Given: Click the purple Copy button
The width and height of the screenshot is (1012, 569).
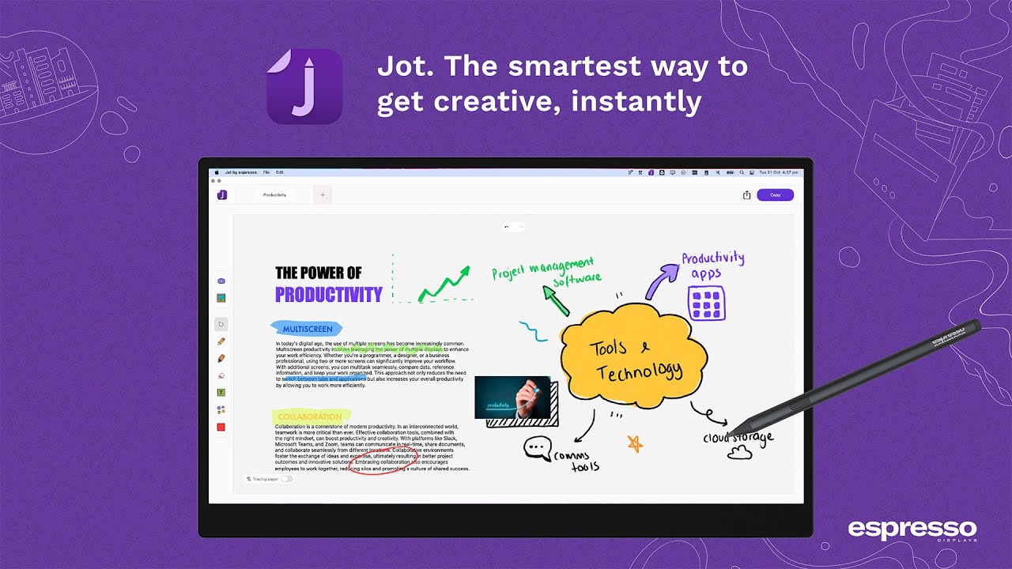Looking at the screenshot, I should click(775, 194).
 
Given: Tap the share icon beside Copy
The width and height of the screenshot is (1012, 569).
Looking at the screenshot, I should click(746, 195).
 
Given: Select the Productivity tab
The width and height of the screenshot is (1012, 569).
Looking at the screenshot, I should click(275, 194).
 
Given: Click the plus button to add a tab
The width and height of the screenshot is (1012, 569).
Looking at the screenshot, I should click(323, 194).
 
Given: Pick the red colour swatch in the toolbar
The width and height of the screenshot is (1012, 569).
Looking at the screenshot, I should click(221, 428).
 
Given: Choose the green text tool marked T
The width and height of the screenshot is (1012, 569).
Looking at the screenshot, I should click(221, 393).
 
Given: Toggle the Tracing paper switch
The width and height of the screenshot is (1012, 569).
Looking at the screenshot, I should click(286, 479).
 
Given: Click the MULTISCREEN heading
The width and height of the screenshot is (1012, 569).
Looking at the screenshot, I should click(307, 328).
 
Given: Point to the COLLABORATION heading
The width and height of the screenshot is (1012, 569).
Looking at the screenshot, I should click(310, 416).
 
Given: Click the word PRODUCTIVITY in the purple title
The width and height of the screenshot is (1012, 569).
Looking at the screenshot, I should click(328, 295).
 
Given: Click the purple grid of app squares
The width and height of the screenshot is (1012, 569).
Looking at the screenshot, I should click(707, 303).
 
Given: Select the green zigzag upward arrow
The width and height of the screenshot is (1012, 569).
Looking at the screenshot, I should click(444, 284).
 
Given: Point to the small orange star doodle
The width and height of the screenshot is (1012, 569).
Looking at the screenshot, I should click(635, 443).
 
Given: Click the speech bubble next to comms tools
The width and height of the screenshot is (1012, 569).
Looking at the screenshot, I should click(538, 448).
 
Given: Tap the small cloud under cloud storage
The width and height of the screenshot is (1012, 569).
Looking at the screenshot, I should click(739, 452).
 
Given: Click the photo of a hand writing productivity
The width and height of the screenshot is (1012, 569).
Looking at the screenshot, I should click(512, 397).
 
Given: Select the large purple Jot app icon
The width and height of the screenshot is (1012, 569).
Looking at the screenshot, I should click(304, 86).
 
